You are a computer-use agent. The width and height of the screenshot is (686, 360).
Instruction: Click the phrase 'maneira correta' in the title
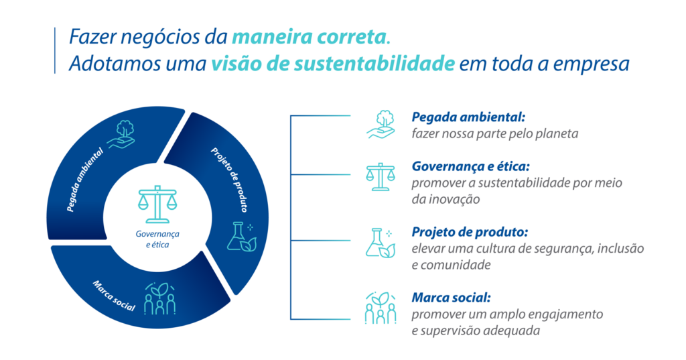tap(309, 38)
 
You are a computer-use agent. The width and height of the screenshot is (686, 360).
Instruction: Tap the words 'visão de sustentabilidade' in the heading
tap(333, 64)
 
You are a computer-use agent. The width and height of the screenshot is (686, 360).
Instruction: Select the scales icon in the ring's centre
tap(157, 204)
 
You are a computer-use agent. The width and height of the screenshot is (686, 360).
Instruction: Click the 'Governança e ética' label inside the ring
tap(157, 239)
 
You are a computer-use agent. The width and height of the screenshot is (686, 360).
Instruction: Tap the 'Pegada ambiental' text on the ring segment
tap(85, 180)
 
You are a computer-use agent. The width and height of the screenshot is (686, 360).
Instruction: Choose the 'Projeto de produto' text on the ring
tap(229, 180)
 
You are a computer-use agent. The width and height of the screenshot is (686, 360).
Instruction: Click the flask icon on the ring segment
tap(241, 237)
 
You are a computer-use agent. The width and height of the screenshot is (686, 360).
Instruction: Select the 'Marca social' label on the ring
tap(114, 296)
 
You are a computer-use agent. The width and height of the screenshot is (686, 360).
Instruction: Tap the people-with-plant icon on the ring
tap(160, 299)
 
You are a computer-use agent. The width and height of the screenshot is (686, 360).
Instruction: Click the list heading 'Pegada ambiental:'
tap(468, 117)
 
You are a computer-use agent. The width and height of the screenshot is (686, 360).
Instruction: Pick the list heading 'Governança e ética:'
tap(471, 166)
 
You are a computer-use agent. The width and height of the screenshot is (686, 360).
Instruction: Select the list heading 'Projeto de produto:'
tap(470, 232)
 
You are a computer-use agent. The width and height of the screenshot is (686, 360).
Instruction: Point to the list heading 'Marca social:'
tap(451, 298)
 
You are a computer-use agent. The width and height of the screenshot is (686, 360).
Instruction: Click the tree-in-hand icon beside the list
tap(381, 125)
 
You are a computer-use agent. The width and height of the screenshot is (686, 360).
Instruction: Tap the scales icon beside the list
tap(381, 177)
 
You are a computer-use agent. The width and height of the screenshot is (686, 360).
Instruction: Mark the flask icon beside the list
tap(381, 243)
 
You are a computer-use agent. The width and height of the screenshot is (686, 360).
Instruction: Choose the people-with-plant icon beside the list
tap(381, 308)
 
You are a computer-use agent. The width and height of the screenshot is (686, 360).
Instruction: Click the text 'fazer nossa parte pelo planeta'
tap(495, 133)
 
